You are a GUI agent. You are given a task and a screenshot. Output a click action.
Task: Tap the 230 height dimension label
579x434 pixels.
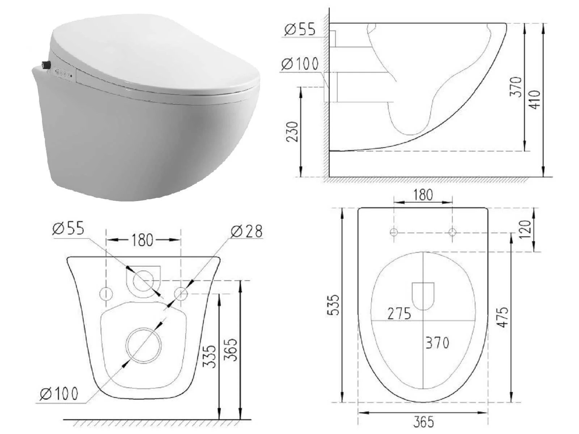[x=292, y=132]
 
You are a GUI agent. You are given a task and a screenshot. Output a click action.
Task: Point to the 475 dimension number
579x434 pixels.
[x=503, y=317]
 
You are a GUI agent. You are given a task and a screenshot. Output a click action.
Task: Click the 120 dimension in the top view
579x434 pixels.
[x=525, y=229]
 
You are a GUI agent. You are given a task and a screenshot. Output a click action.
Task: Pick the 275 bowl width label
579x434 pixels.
[x=399, y=314]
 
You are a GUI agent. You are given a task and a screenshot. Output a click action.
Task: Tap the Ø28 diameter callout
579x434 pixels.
[x=247, y=231]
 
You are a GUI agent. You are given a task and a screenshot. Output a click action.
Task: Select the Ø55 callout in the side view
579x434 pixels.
[x=300, y=29]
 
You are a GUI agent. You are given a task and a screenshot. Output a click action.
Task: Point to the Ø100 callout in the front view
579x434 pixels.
[x=59, y=394]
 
